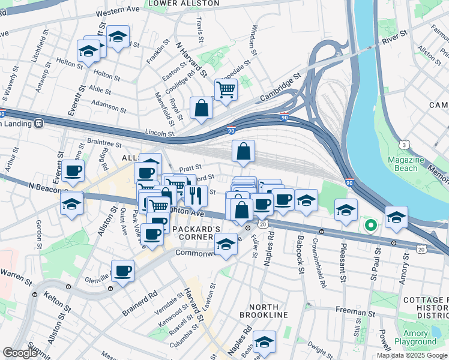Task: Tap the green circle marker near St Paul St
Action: [x=371, y=226]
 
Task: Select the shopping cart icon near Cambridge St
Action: [x=226, y=91]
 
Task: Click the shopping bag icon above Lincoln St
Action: [x=202, y=108]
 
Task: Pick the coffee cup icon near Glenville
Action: [x=123, y=272]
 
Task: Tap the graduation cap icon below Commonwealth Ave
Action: [x=226, y=244]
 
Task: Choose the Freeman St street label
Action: [x=355, y=313]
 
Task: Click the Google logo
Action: [x=20, y=353]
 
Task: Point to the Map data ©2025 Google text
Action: [x=412, y=355]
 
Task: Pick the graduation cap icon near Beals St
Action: [x=264, y=342]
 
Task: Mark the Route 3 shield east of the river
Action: [x=406, y=145]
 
